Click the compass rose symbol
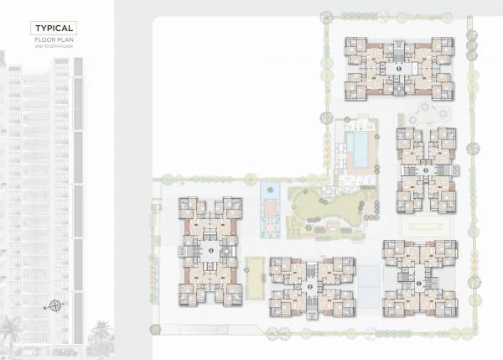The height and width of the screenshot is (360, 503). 56,305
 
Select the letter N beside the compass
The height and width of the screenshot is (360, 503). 44,305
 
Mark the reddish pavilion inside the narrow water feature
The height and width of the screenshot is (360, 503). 270,207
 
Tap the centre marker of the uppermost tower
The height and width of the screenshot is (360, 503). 399,67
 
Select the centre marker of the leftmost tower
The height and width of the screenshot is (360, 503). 210,249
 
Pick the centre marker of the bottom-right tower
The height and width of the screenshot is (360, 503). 420,282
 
